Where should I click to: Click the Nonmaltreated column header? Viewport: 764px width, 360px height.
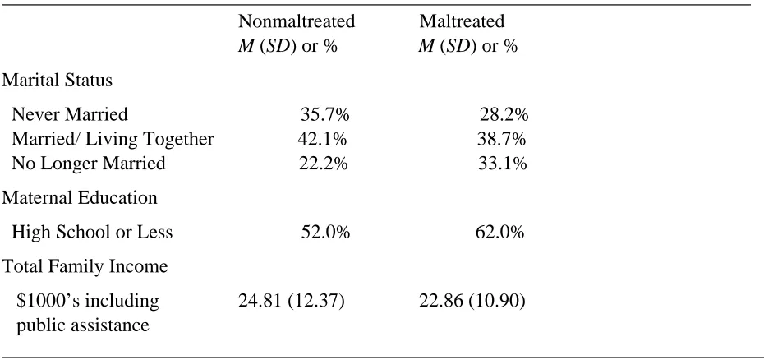click(297, 21)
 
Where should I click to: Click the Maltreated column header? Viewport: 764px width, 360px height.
click(462, 21)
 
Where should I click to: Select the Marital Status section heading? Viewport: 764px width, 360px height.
click(57, 81)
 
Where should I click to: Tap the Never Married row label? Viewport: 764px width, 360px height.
click(70, 114)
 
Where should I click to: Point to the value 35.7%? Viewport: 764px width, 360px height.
click(325, 114)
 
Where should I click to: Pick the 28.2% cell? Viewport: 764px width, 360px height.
click(504, 114)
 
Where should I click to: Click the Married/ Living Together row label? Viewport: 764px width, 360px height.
click(113, 140)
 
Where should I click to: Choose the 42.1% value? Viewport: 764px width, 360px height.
click(322, 139)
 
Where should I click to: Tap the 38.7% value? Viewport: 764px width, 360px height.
click(501, 139)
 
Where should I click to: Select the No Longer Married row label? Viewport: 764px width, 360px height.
click(89, 164)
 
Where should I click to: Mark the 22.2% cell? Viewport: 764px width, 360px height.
click(324, 164)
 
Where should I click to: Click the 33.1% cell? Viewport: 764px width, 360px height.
click(502, 164)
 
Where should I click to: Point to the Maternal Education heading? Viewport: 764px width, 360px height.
click(80, 198)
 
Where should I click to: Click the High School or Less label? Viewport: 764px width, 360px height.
click(92, 233)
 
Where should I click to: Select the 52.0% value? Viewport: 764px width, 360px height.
click(325, 233)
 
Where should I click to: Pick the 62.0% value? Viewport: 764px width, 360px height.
click(500, 233)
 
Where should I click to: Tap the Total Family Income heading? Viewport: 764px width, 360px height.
click(85, 267)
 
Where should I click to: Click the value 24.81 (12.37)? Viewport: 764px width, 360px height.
click(292, 301)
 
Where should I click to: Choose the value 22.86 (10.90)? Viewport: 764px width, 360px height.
click(472, 301)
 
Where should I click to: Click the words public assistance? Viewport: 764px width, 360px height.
click(83, 325)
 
